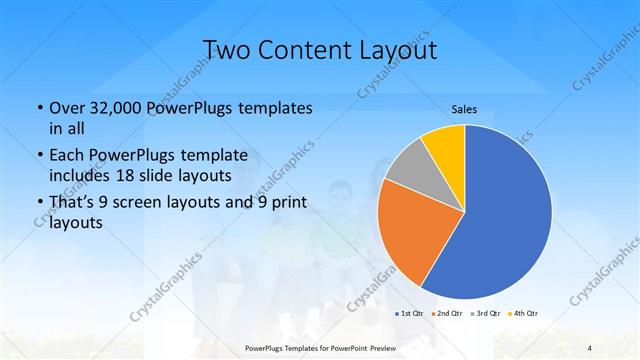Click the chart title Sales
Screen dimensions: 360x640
(x=463, y=108)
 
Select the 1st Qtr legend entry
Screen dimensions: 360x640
(x=407, y=314)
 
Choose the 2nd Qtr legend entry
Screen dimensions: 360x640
(x=446, y=314)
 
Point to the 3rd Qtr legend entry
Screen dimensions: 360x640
(x=486, y=314)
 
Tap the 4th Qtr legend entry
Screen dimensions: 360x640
(x=525, y=314)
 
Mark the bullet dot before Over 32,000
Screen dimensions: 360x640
(x=39, y=108)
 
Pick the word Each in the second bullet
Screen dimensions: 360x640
(x=66, y=155)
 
